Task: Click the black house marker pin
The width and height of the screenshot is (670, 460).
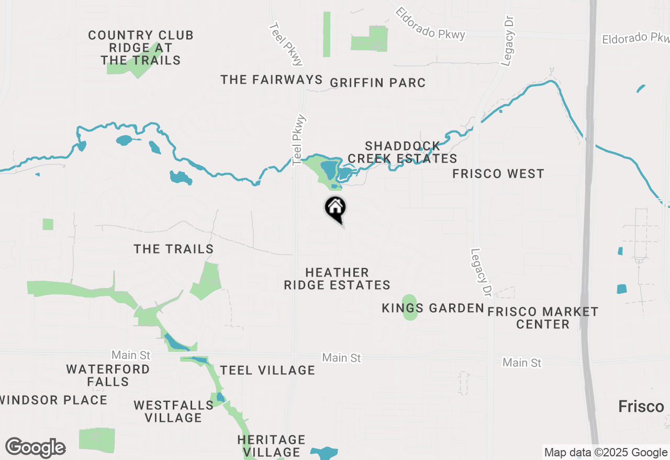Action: pyautogui.click(x=335, y=208)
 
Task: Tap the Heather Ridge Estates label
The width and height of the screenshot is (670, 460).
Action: pyautogui.click(x=337, y=279)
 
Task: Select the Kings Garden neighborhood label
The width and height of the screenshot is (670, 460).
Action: pyautogui.click(x=433, y=308)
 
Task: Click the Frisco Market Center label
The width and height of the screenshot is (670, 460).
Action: pyautogui.click(x=543, y=318)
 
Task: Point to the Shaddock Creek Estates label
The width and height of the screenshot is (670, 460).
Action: pyautogui.click(x=403, y=152)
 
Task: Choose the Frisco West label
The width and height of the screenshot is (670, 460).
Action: pyautogui.click(x=498, y=174)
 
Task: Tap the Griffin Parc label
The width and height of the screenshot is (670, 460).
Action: pyautogui.click(x=377, y=83)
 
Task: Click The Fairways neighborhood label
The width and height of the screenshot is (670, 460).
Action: pyautogui.click(x=272, y=79)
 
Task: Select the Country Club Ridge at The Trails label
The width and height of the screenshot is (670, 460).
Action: pyautogui.click(x=141, y=48)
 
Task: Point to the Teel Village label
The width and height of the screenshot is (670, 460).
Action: pyautogui.click(x=267, y=371)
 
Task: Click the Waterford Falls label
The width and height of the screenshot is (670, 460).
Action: pyautogui.click(x=108, y=375)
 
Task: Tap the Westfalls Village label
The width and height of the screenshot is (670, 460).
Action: pyautogui.click(x=173, y=411)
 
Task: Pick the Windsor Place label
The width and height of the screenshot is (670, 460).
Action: pyautogui.click(x=54, y=400)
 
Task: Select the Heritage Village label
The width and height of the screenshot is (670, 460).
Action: pyautogui.click(x=271, y=445)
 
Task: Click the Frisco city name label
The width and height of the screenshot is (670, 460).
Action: pyautogui.click(x=641, y=406)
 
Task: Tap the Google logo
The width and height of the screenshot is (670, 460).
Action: pyautogui.click(x=35, y=447)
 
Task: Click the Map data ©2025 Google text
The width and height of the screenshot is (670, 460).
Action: pyautogui.click(x=606, y=453)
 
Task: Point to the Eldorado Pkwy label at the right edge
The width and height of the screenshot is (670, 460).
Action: pyautogui.click(x=636, y=39)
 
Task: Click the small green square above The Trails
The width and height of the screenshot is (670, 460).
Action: pyautogui.click(x=48, y=224)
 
